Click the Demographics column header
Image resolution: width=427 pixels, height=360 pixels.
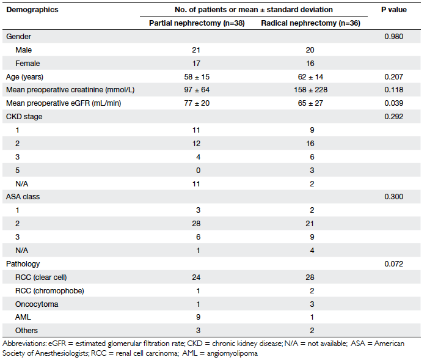tap(32, 10)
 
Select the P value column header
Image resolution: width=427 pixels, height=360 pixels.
tap(394, 10)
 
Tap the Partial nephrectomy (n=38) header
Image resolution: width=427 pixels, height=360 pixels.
tap(197, 23)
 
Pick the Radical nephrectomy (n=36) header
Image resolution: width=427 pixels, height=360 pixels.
tap(310, 23)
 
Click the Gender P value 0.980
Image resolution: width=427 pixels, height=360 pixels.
tap(394, 37)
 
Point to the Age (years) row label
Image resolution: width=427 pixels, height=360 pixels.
tap(24, 77)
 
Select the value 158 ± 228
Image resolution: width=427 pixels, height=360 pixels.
tap(310, 90)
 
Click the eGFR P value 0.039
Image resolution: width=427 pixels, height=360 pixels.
tap(394, 103)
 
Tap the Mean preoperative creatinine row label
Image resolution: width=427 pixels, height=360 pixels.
tap(70, 90)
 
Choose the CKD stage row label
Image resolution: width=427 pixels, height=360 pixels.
tap(24, 117)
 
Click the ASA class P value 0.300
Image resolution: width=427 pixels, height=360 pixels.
tap(394, 197)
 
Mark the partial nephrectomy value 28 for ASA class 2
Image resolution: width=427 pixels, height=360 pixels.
tap(196, 224)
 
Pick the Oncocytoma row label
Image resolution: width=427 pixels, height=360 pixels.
tap(37, 304)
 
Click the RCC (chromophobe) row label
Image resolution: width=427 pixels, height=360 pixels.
tap(49, 291)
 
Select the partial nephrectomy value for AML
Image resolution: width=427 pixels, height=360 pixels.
tap(198, 317)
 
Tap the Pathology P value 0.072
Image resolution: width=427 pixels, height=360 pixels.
tap(394, 264)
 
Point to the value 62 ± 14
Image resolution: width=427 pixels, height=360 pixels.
tap(310, 77)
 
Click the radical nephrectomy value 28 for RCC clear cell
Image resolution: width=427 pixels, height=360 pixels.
tap(310, 277)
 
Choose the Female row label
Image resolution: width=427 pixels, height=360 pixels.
tap(27, 64)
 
